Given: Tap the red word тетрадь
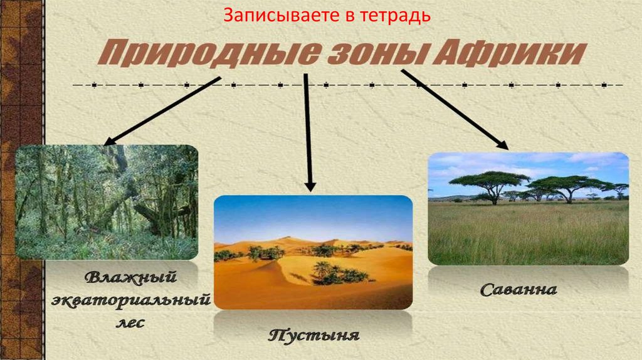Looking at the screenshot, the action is pyautogui.click(x=396, y=16).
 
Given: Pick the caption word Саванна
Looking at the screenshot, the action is pyautogui.click(x=518, y=290).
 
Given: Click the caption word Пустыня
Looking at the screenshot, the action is pyautogui.click(x=313, y=335).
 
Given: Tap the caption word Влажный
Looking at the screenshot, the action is pyautogui.click(x=130, y=278).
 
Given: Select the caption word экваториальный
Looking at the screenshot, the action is pyautogui.click(x=130, y=300).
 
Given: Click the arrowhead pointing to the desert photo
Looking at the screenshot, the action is pyautogui.click(x=310, y=186).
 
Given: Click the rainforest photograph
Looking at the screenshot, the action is pyautogui.click(x=107, y=202).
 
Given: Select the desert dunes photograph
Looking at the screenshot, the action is pyautogui.click(x=313, y=252).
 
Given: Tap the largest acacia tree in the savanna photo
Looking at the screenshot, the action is pyautogui.click(x=490, y=185).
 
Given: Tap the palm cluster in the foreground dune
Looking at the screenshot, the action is pyautogui.click(x=334, y=273).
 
